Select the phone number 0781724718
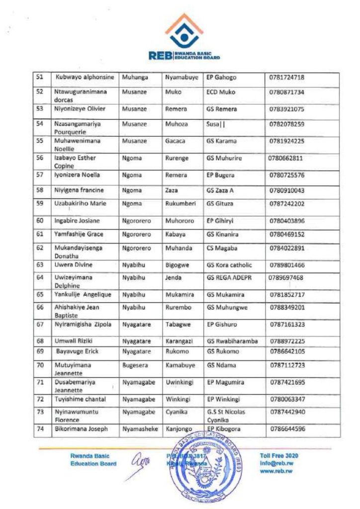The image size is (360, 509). tap(286, 78)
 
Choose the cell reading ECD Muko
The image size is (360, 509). tap(221, 92)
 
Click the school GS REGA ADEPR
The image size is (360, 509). tap(229, 277)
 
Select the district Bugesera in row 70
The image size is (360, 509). tap(134, 365)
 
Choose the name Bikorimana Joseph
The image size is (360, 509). tap(81, 428)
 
